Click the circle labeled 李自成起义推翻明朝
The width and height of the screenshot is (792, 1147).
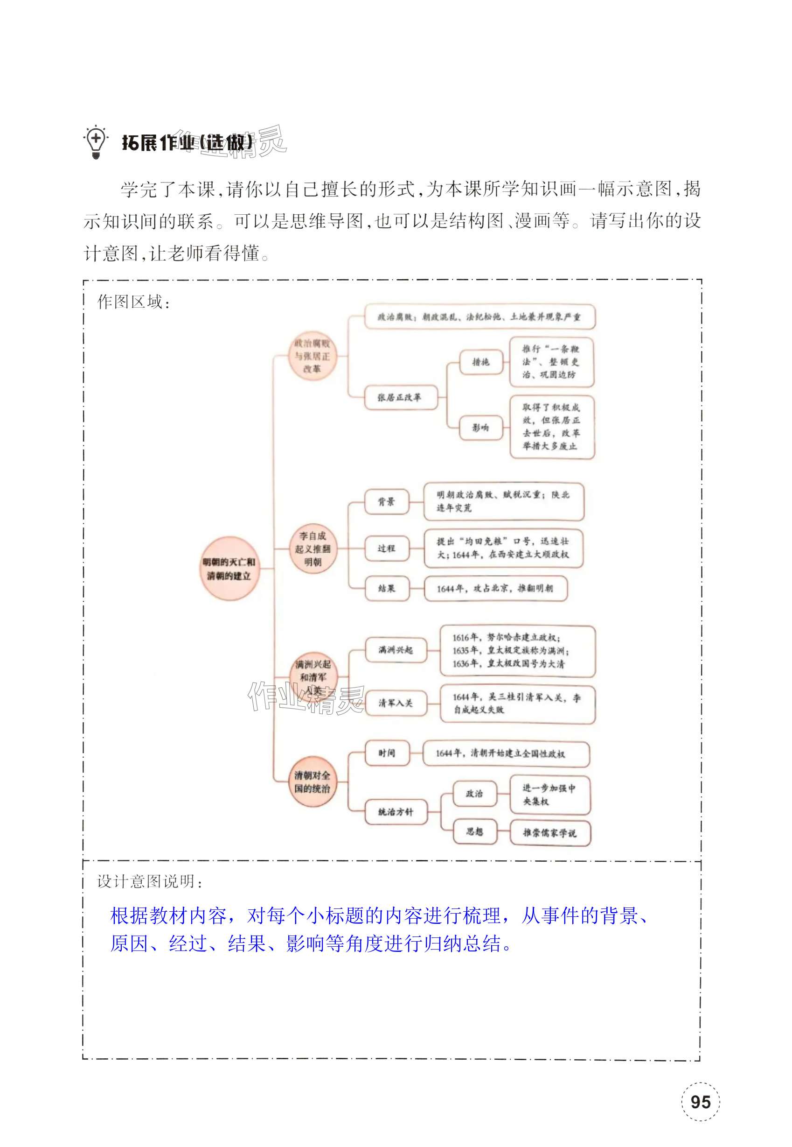click(313, 549)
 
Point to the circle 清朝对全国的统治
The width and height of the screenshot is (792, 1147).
click(312, 781)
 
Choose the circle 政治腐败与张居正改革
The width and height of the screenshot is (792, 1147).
click(312, 356)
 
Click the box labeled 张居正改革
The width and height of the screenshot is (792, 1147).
click(400, 397)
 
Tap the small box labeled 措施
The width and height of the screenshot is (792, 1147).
click(480, 362)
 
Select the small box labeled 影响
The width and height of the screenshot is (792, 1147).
click(480, 427)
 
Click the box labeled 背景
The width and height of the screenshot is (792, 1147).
click(387, 501)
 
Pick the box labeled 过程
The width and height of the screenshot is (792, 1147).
click(387, 548)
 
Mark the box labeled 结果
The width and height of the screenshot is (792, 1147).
click(387, 588)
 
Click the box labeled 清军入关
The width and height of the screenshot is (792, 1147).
click(396, 703)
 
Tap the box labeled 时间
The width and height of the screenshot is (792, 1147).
click(387, 753)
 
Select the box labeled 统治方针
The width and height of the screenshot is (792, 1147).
click(396, 812)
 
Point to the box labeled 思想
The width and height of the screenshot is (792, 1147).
click(474, 831)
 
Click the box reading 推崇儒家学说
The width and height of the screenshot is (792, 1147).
click(550, 833)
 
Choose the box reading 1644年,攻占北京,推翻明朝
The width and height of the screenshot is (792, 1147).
click(495, 588)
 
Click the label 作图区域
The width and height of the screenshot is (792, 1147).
click(134, 302)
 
